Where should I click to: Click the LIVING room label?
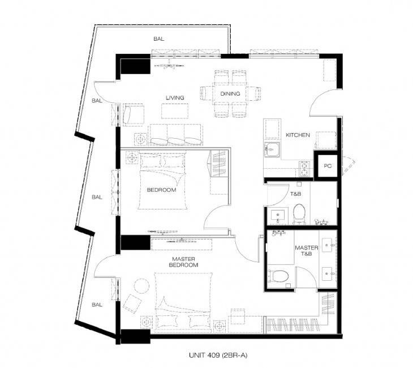click(x=175, y=98)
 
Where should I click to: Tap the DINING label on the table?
click(x=230, y=93)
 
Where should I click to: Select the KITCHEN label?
click(x=298, y=135)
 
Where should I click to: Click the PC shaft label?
click(x=328, y=166)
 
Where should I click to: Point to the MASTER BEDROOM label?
click(x=183, y=262)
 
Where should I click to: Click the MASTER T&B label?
click(x=306, y=251)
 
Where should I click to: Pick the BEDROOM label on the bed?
click(x=161, y=190)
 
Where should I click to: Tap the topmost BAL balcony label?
click(x=158, y=39)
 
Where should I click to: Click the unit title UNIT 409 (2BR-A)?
click(x=218, y=356)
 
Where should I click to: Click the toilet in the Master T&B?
click(x=278, y=276)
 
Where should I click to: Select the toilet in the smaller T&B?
click(x=299, y=214)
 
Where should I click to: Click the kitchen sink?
click(x=272, y=149)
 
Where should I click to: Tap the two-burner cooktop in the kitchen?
click(x=304, y=169)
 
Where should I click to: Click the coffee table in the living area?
click(x=175, y=111)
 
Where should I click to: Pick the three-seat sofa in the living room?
click(x=175, y=135)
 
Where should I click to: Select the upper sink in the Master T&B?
click(x=329, y=245)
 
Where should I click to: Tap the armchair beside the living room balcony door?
click(x=134, y=114)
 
